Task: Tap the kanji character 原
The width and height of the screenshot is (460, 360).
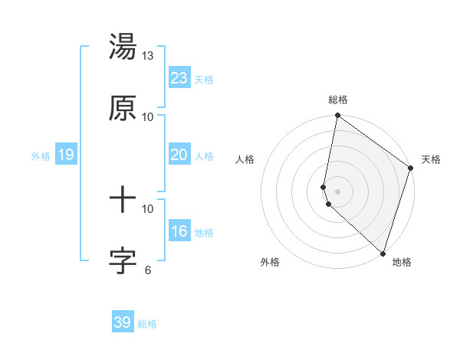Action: tap(123, 109)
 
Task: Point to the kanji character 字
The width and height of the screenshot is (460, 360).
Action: tap(123, 261)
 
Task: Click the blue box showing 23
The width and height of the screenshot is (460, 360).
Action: tap(179, 77)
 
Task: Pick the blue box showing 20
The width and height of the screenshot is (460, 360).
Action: tap(179, 155)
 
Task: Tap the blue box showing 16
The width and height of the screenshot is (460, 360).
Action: tap(179, 231)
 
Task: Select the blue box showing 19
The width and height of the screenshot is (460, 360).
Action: tap(65, 155)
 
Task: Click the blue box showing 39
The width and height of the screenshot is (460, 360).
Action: tap(122, 322)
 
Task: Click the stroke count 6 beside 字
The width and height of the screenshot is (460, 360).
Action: tap(148, 270)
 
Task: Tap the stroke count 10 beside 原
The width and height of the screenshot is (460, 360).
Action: tap(148, 116)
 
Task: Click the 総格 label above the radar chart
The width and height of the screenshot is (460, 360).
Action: tap(338, 100)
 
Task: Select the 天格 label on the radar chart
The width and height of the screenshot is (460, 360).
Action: tap(431, 159)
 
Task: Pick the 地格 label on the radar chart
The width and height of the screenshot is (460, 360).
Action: tap(402, 262)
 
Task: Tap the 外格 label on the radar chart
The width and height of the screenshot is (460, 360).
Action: tap(270, 262)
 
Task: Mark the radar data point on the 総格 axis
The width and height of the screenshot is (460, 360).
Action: tap(337, 116)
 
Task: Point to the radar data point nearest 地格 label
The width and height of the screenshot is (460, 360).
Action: tap(383, 253)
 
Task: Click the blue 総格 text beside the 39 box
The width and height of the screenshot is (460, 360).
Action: tap(147, 324)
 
